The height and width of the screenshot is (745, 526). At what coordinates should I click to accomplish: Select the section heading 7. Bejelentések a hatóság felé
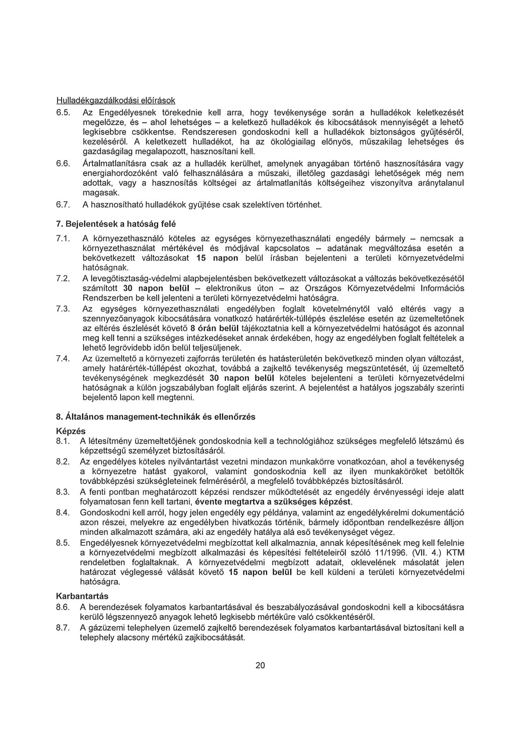click(x=112, y=224)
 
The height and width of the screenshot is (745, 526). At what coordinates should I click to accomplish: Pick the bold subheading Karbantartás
click(x=82, y=596)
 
